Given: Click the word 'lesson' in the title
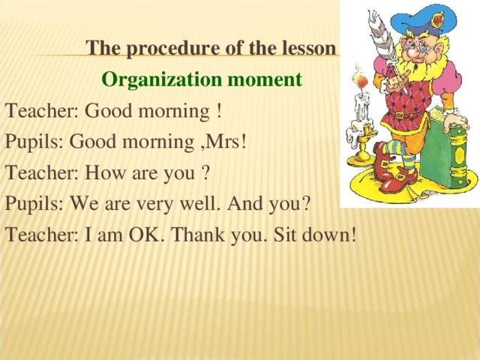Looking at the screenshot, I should pyautogui.click(x=310, y=49).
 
